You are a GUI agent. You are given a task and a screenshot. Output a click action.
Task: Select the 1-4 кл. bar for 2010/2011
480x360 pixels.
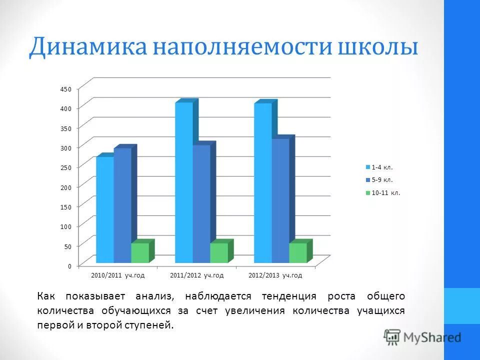pos(105,210)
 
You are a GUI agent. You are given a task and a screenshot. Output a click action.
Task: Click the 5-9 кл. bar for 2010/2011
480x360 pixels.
pos(122,205)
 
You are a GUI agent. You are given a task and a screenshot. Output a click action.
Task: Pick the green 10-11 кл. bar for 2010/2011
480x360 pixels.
pos(140,253)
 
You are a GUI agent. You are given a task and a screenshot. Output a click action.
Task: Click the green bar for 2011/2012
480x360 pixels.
pos(219,253)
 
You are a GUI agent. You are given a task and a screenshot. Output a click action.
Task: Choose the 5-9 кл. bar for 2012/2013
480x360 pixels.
pos(280,200)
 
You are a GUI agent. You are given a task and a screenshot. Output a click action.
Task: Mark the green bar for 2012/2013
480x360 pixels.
pos(298,253)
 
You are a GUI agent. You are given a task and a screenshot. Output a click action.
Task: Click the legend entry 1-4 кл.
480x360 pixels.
pos(382,167)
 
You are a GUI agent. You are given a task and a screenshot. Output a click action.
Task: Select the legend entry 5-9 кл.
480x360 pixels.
pos(382,180)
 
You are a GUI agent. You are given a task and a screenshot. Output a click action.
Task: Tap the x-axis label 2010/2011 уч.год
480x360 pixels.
pos(117,275)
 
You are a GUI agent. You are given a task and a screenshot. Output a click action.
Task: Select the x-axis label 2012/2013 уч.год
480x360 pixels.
pos(275,275)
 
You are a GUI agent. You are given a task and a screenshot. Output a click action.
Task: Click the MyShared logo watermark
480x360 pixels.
pos(422,337)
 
